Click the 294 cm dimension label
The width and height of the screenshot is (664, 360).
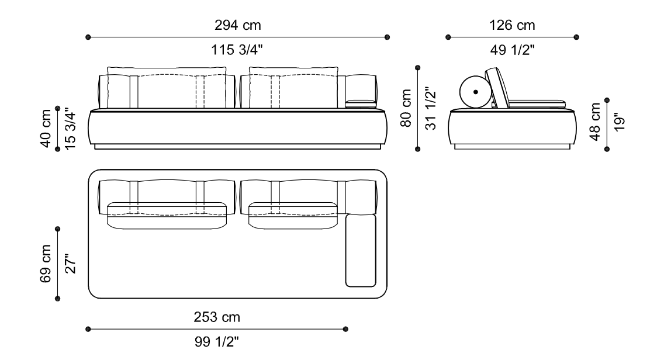pos(237,25)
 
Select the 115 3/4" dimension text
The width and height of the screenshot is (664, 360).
pos(237,50)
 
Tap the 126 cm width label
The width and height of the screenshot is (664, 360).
pos(512,25)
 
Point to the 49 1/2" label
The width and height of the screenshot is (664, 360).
pos(512,50)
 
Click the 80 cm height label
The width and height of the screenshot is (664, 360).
pos(406,108)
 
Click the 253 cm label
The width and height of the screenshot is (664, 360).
pos(217,317)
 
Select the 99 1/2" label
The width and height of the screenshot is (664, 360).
pos(217,342)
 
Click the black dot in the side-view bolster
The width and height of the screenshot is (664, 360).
pos(475,92)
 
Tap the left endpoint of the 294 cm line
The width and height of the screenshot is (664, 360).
pos(88,37)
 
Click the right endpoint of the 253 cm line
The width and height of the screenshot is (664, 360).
pos(346,329)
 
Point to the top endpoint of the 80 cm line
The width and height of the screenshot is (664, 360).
pos(417,66)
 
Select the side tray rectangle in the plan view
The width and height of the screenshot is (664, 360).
pos(360,250)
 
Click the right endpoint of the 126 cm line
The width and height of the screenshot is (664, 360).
pos(577,37)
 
